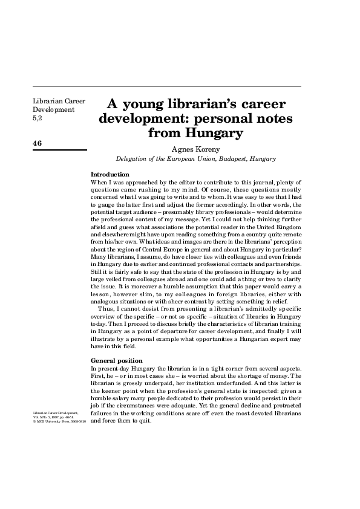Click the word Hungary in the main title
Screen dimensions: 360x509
click(209, 132)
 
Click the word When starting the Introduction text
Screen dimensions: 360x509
click(99, 182)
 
